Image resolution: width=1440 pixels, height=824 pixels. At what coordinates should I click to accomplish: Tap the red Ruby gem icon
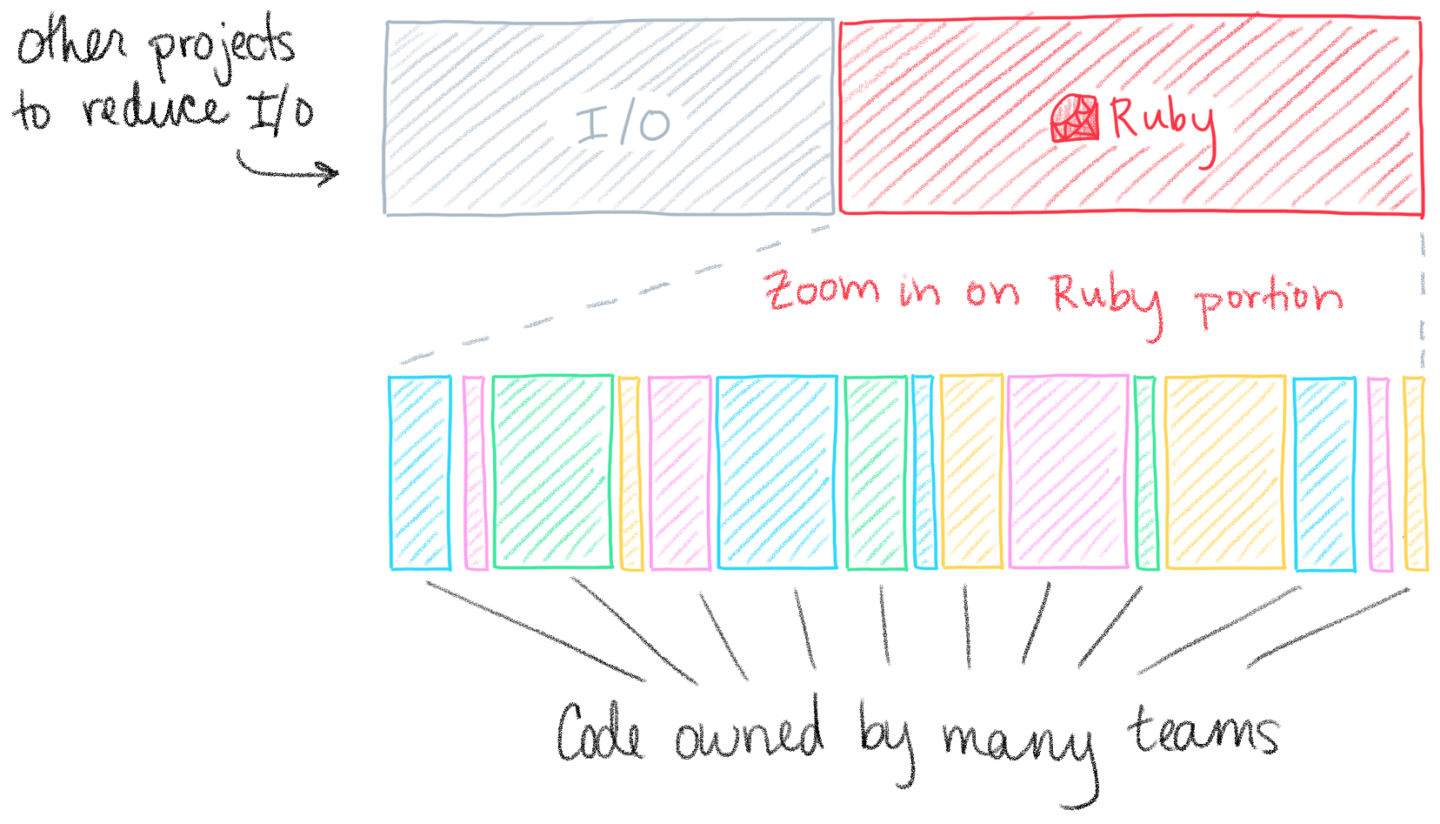1075,119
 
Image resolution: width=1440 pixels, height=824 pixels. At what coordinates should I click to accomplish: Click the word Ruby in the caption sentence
1105,298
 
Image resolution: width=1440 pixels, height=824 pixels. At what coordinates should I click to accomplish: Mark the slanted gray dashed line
609,296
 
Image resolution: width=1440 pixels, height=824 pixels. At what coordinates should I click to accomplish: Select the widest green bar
552,472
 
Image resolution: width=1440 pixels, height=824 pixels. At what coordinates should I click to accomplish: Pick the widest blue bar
777,472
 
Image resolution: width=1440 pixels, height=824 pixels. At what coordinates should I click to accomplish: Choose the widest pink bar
1068,472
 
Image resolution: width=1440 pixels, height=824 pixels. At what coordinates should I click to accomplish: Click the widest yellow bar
1224,472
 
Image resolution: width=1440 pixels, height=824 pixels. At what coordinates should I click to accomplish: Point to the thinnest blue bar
923,472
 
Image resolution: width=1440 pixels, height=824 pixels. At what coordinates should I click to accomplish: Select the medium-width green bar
876,472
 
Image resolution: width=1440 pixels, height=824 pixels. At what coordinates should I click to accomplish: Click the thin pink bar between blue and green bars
474,472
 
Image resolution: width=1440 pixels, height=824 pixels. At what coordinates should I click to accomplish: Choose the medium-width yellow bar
971,472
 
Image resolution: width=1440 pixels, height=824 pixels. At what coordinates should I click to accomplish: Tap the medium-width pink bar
679,472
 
